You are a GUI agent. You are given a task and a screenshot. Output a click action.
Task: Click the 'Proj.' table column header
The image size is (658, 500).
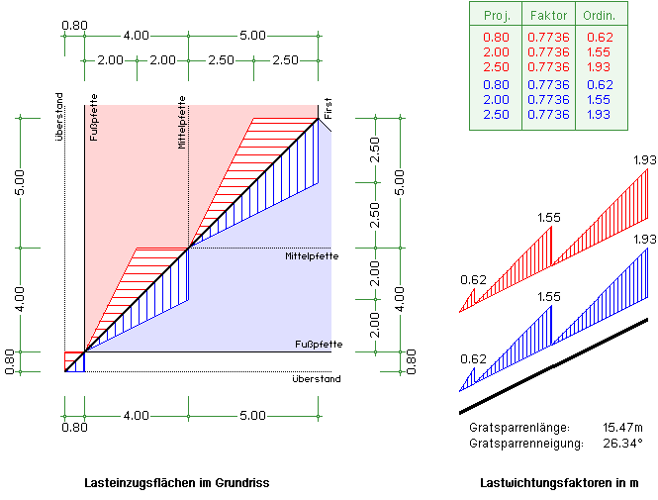coord(497,17)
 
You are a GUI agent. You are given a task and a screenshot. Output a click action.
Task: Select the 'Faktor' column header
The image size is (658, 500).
coord(548,17)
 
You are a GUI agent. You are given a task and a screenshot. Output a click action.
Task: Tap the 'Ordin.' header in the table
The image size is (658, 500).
coord(600,17)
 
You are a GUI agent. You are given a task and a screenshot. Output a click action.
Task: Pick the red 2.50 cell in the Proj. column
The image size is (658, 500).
coord(497,65)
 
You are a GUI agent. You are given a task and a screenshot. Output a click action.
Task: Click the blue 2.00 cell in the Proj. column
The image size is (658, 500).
coord(497,100)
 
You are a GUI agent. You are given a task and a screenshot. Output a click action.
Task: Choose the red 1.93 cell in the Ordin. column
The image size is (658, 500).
coord(600,65)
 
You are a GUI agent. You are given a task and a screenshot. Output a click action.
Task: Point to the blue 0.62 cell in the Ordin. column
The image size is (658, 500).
coord(600,85)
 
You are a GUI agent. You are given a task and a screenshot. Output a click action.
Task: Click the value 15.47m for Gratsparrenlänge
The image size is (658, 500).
coord(622,427)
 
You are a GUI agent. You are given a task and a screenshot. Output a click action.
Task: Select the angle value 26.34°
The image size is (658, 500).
coord(622,443)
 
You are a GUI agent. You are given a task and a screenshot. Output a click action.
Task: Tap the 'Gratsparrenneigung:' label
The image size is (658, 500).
coord(525,443)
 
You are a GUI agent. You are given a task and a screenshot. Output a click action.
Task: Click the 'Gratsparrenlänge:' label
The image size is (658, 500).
coord(520,427)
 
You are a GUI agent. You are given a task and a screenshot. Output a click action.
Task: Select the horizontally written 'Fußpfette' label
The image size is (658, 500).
coord(319,344)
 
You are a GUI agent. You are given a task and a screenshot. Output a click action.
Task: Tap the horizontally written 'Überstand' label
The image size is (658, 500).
coord(317,379)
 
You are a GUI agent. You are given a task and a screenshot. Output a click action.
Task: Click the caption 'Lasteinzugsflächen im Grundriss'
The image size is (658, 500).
coord(177,483)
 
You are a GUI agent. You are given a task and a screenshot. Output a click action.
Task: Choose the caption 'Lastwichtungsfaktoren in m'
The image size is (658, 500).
coord(558,483)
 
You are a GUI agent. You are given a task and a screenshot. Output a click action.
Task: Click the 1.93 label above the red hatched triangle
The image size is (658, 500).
coord(644,158)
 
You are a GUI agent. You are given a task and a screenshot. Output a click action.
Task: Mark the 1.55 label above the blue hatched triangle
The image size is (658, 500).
coord(548,296)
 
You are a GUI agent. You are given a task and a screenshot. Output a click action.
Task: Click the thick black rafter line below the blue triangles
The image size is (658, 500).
coord(554,365)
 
